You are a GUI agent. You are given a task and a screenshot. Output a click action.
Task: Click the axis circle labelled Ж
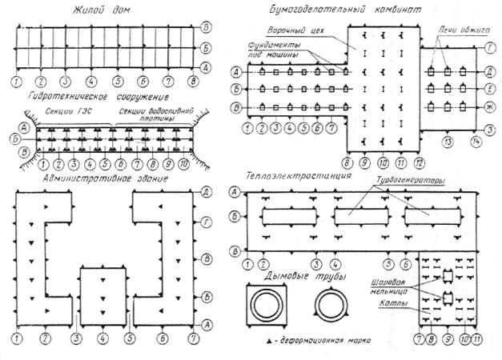coord(489,106)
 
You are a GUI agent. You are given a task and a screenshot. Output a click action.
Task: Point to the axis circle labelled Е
coord(489,88)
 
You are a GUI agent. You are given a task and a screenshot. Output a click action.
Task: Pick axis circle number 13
coord(448,142)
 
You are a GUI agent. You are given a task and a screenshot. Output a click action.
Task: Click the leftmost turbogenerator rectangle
coord(281,216)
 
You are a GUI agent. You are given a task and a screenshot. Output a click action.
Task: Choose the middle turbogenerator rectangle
coord(355,216)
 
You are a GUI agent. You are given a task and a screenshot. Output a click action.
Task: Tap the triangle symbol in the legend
coord(267,342)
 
